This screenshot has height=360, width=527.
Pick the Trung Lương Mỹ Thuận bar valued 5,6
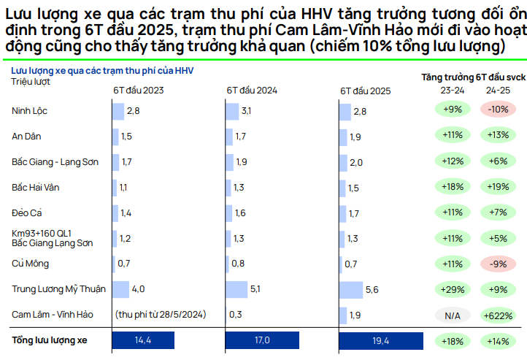pyautogui.click(x=351, y=289)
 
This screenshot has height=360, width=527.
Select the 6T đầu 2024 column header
pyautogui.click(x=251, y=91)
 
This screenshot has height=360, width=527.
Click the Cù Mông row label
pyautogui.click(x=30, y=263)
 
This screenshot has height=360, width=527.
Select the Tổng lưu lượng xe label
pyautogui.click(x=49, y=340)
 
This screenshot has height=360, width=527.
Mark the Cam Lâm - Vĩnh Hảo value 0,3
pyautogui.click(x=235, y=315)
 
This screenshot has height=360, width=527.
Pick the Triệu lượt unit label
pyautogui.click(x=30, y=81)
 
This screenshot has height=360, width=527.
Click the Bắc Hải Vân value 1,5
pyautogui.click(x=354, y=187)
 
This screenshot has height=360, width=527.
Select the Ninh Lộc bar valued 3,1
pyautogui.click(x=231, y=110)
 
